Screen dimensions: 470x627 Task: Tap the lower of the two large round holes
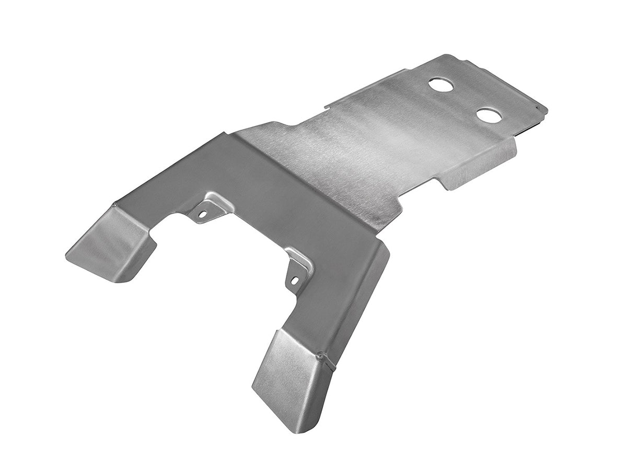pyautogui.click(x=490, y=115)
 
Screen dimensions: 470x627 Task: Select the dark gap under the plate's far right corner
pyautogui.click(x=525, y=127)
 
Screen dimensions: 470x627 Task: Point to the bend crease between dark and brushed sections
pyautogui.click(x=313, y=178)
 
